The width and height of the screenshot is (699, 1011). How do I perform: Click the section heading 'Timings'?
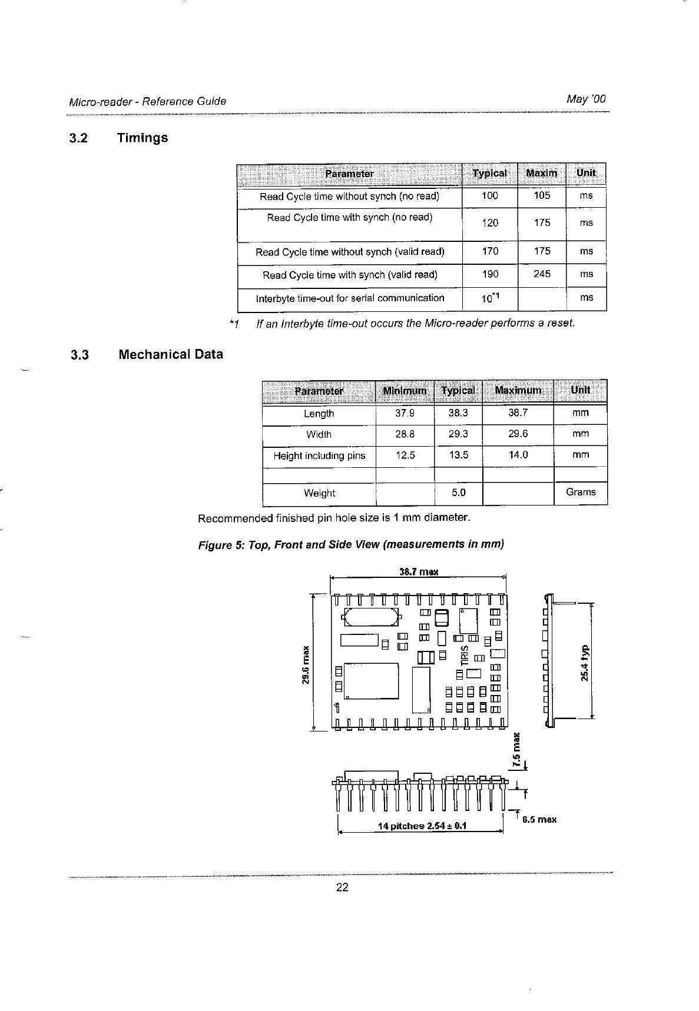pyautogui.click(x=142, y=138)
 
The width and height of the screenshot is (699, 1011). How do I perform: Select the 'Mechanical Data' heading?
pyautogui.click(x=170, y=354)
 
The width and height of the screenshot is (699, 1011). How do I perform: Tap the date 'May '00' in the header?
pyautogui.click(x=585, y=99)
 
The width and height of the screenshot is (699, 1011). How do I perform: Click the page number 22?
pyautogui.click(x=342, y=887)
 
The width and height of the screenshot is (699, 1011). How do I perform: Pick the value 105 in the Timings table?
pyautogui.click(x=542, y=195)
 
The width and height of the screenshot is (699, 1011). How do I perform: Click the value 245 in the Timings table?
pyautogui.click(x=542, y=274)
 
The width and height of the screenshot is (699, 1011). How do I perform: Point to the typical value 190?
pyautogui.click(x=489, y=274)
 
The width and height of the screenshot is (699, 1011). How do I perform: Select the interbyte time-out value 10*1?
pyautogui.click(x=490, y=298)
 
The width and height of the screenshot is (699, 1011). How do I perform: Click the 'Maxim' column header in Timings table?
pyautogui.click(x=541, y=173)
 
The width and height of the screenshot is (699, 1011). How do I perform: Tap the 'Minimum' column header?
pyautogui.click(x=405, y=391)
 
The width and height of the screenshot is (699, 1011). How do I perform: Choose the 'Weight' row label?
pyautogui.click(x=319, y=493)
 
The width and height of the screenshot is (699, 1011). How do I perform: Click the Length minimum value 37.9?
pyautogui.click(x=405, y=413)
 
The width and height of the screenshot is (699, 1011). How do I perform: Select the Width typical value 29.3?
pyautogui.click(x=458, y=434)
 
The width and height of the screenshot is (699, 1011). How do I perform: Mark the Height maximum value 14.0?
pyautogui.click(x=518, y=455)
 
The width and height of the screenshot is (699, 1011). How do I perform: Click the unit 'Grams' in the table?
pyautogui.click(x=581, y=492)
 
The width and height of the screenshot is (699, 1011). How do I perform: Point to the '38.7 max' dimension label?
pyautogui.click(x=419, y=571)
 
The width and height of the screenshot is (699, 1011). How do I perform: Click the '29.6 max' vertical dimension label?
pyautogui.click(x=306, y=666)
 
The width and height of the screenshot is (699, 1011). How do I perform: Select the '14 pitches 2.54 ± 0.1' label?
pyautogui.click(x=422, y=826)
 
